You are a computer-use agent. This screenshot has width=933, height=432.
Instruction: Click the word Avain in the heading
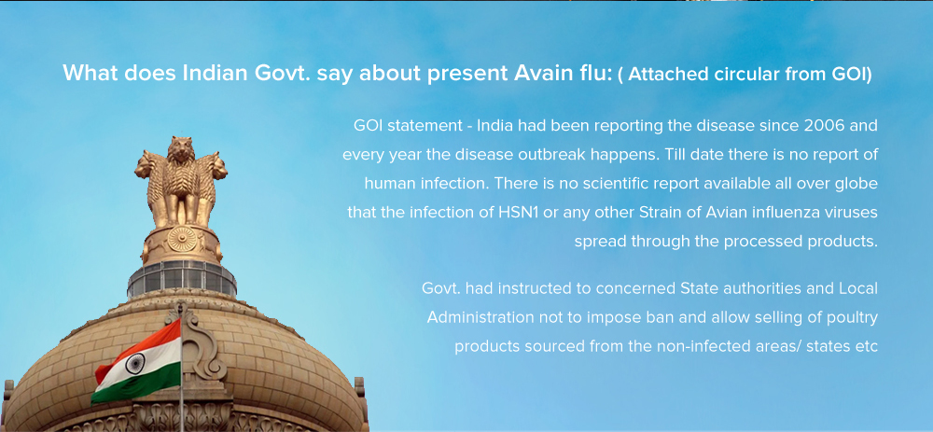[x=541, y=73]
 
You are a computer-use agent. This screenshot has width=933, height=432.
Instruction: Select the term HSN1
[x=519, y=213]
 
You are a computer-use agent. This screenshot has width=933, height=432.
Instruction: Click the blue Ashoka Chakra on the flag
[x=135, y=362]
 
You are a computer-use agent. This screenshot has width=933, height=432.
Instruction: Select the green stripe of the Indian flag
[x=135, y=383]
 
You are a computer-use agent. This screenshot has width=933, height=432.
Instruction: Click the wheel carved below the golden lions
[x=182, y=239]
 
